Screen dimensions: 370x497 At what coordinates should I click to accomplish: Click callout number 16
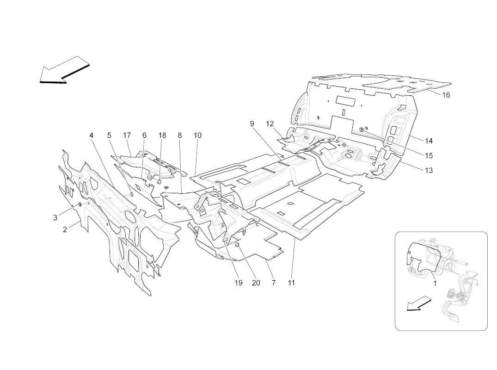446,95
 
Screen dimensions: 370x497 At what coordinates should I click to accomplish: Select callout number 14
429,141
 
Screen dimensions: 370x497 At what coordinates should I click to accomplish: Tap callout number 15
429,155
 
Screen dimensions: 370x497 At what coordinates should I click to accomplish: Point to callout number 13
429,170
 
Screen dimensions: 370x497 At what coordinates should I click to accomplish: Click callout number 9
252,124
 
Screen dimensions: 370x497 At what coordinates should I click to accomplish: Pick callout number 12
270,124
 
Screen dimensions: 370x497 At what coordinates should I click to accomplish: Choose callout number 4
92,136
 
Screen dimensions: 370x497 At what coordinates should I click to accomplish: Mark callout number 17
127,136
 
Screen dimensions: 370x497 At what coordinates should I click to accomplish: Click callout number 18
162,136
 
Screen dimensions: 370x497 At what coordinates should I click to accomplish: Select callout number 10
197,136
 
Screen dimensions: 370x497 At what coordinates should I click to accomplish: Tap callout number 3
55,217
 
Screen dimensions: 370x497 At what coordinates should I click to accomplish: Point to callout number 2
65,229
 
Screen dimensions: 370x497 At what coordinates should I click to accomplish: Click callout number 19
238,283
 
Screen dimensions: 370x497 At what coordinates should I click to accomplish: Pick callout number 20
256,283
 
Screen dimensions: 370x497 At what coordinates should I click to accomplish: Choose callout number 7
274,283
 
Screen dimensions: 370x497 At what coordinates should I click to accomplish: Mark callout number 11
291,283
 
